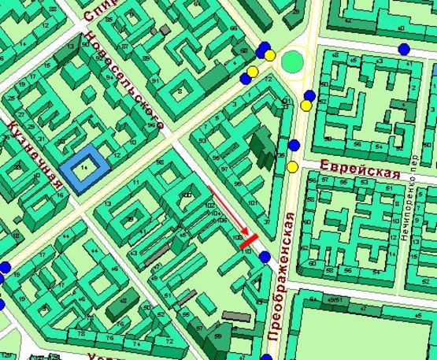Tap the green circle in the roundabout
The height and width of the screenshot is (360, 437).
pyautogui.click(x=294, y=61)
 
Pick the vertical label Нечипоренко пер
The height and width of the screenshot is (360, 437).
pyautogui.click(x=413, y=210)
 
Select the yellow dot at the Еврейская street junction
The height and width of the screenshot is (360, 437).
pyautogui.click(x=292, y=166)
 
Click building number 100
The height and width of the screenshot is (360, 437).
pyautogui.click(x=187, y=195)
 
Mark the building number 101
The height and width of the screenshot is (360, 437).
pyautogui.click(x=252, y=202)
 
